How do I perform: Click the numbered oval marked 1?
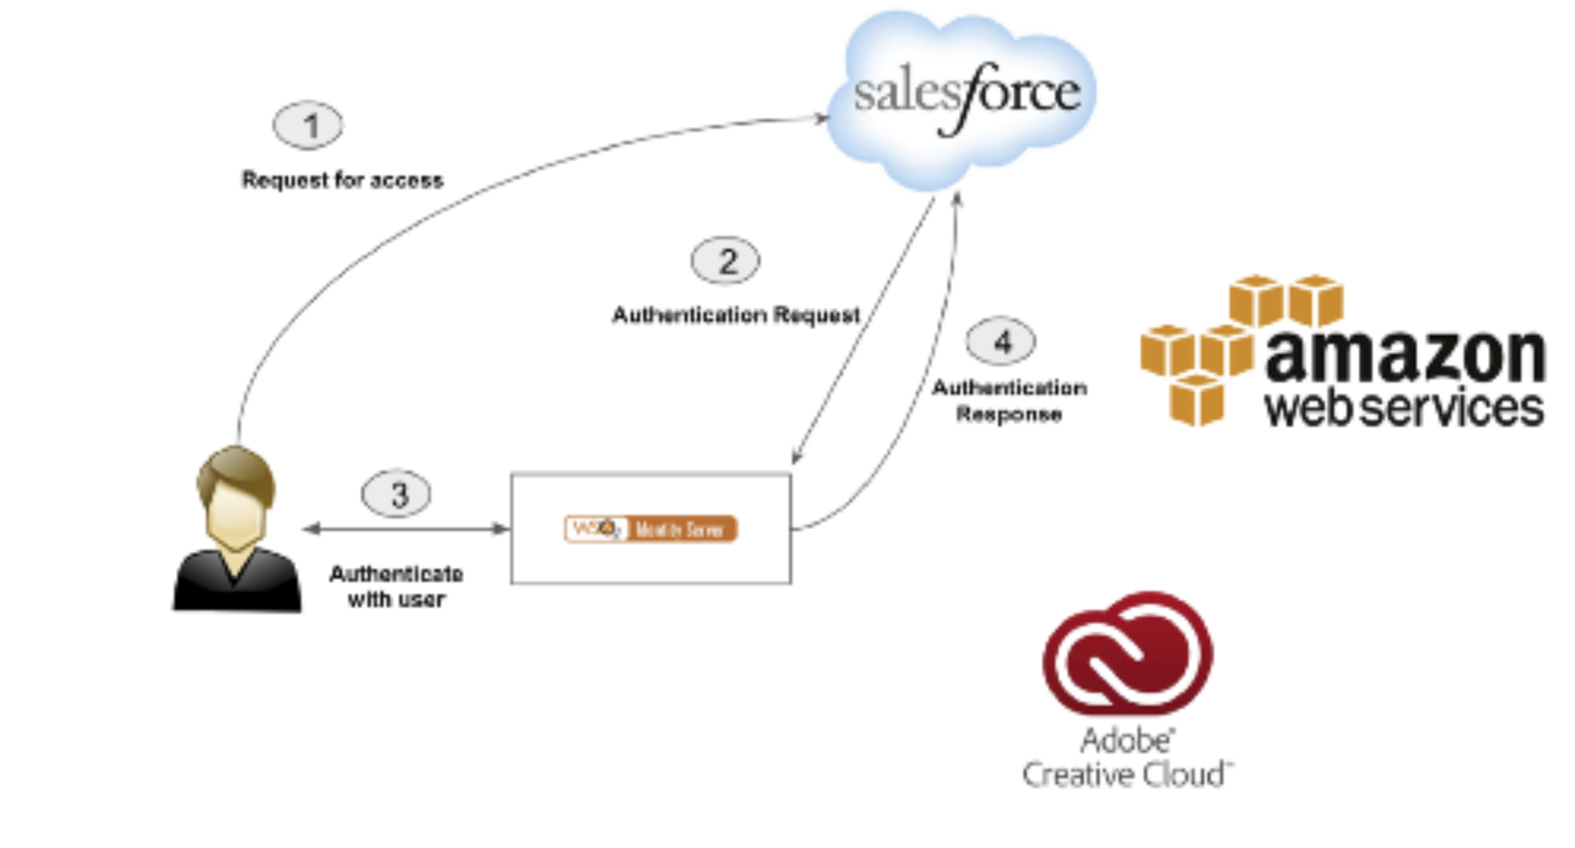[x=308, y=125]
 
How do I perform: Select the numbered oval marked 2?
[x=726, y=261]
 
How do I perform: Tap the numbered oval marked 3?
[x=396, y=494]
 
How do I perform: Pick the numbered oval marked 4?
[x=1001, y=342]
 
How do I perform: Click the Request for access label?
[x=342, y=181]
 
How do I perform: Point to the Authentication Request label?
[x=735, y=315]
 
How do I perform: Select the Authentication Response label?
[x=1009, y=401]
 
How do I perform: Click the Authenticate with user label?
[x=396, y=586]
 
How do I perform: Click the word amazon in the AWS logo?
[x=1405, y=356]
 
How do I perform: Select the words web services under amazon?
[x=1403, y=407]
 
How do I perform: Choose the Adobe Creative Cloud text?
[x=1127, y=758]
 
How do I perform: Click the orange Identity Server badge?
[x=650, y=529]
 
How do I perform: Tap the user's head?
[x=235, y=495]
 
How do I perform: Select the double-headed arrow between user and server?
[x=406, y=529]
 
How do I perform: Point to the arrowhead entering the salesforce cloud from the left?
[x=822, y=118]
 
